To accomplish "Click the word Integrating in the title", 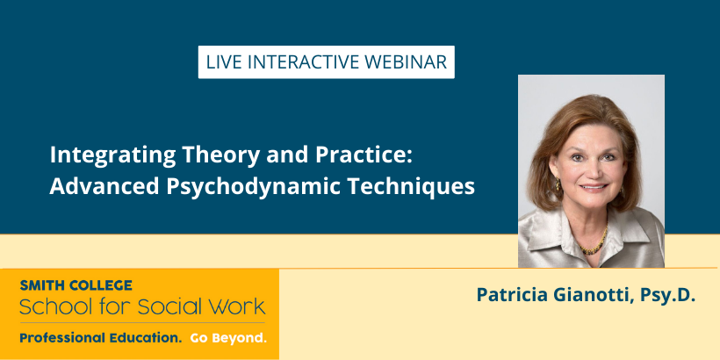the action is pos(113,156).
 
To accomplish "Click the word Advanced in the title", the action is pos(104,186).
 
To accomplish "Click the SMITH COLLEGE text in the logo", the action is pos(76,285).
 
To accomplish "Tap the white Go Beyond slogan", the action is pos(228,339).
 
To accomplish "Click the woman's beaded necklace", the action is pos(595,242).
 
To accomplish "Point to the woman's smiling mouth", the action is pos(594,187).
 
